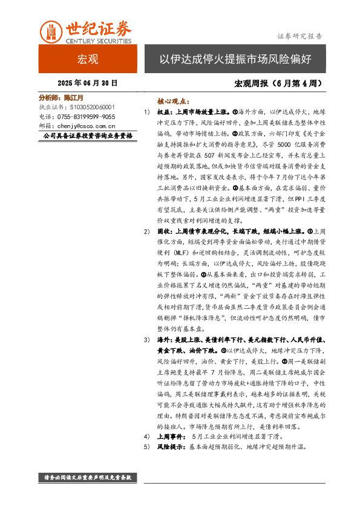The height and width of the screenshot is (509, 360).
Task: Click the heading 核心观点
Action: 173,102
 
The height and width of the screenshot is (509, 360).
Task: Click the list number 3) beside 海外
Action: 147,340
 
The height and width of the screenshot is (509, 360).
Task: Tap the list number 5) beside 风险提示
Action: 147,447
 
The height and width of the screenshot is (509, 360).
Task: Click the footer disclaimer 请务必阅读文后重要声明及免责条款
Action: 88,478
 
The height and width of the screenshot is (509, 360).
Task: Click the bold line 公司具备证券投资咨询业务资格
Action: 88,137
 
